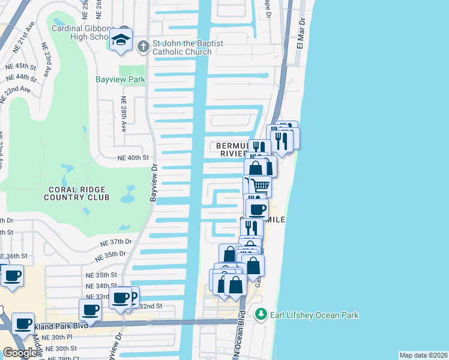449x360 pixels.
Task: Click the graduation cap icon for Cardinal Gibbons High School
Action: point(121,40)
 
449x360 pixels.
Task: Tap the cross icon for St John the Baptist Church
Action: point(143,46)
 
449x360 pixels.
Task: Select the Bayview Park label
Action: point(121,79)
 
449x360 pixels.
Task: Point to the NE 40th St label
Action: point(131,158)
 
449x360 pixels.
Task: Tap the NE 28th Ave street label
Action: point(124,114)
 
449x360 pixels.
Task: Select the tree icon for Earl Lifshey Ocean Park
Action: point(261,314)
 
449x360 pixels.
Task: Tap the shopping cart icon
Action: point(260,186)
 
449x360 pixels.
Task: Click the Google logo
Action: point(20,352)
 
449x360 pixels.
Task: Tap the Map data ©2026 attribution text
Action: point(423,355)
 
